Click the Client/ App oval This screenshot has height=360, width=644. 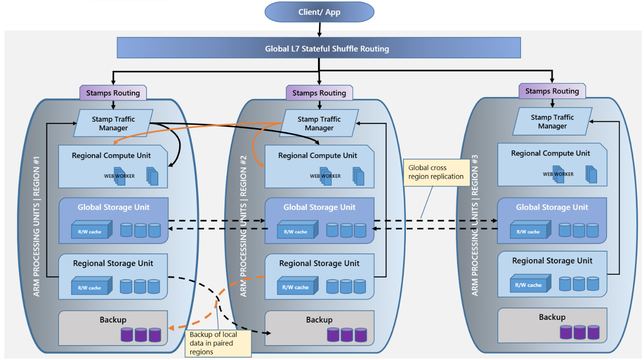[319, 12]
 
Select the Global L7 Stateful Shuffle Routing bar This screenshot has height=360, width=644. [319, 48]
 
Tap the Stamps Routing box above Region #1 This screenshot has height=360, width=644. [113, 93]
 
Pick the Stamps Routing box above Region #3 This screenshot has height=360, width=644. [552, 91]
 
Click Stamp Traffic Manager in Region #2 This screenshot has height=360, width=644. [319, 124]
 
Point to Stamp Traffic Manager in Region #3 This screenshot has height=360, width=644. [552, 122]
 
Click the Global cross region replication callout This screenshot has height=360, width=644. [436, 172]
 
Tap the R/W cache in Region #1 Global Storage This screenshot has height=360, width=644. [90, 232]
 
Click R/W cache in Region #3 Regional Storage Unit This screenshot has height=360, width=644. [528, 285]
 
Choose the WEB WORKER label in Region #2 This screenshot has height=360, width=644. [325, 176]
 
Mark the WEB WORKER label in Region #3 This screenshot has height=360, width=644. [558, 174]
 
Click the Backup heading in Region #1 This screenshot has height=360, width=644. [113, 320]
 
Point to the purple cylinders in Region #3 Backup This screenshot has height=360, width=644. [580, 332]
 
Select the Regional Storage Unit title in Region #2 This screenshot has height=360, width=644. [319, 263]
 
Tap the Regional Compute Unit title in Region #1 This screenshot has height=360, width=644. [111, 156]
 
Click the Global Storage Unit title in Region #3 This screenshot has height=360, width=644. [552, 208]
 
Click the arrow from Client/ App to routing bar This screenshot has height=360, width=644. [319, 29]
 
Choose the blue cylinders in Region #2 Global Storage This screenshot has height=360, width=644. [346, 230]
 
